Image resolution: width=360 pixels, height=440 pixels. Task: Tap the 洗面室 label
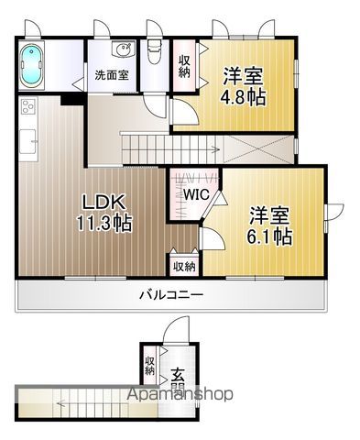tap(112, 75)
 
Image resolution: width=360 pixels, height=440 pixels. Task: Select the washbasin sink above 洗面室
tap(124, 49)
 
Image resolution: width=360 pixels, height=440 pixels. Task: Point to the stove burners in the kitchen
tap(28, 106)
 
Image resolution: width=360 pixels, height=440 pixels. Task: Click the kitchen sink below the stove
tap(28, 141)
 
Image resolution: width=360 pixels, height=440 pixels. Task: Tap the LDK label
tap(102, 202)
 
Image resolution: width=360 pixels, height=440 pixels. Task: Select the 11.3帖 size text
tap(104, 224)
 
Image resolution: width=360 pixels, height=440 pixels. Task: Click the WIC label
tap(196, 194)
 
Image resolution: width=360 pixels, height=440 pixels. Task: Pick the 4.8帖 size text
tap(243, 97)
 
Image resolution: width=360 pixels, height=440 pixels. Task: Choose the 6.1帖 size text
tap(269, 236)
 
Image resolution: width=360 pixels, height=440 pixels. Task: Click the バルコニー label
tap(171, 295)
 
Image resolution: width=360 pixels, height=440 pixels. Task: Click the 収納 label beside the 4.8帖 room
tap(184, 66)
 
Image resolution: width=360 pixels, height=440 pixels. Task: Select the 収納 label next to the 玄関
tap(149, 366)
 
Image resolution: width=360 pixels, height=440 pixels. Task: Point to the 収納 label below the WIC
tap(184, 267)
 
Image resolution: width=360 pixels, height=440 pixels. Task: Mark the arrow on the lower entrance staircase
tap(92, 404)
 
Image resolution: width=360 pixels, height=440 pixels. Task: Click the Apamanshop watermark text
tap(180, 394)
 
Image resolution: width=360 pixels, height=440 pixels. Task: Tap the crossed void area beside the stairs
tap(259, 149)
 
